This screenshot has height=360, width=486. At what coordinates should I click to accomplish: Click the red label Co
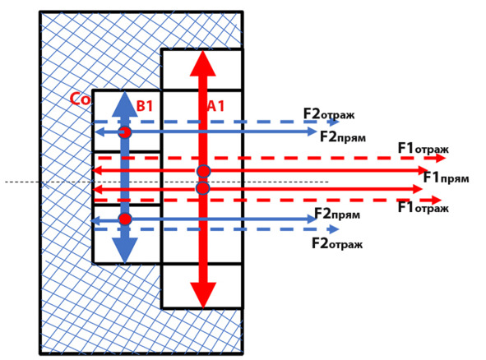click(81, 99)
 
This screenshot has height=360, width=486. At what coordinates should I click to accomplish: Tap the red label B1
click(145, 106)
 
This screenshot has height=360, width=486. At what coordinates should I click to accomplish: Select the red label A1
click(215, 106)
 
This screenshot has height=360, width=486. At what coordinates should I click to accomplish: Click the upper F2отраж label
click(329, 114)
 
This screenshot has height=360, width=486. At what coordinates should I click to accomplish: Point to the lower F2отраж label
click(337, 243)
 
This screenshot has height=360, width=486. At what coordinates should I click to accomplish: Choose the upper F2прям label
click(343, 136)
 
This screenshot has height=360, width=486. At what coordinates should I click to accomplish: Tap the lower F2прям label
click(337, 214)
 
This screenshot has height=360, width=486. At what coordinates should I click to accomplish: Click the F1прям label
click(447, 178)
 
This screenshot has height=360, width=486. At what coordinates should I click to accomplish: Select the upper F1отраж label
click(424, 149)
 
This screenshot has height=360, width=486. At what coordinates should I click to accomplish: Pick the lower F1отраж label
click(424, 207)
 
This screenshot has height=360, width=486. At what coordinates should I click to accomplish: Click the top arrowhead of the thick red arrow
click(203, 63)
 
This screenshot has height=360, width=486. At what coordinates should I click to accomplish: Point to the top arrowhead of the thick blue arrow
click(125, 104)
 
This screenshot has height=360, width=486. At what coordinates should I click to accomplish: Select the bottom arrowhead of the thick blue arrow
click(125, 251)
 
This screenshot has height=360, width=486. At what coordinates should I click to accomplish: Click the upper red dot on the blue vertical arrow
click(125, 132)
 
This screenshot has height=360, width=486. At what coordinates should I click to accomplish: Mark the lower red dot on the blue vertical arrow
click(125, 219)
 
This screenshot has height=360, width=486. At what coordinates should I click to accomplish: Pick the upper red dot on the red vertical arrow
click(204, 171)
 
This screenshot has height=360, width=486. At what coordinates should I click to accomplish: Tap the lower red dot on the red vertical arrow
click(203, 188)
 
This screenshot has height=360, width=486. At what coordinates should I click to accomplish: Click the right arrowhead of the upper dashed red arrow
click(440, 158)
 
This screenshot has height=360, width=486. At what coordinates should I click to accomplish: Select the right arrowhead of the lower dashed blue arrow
click(334, 229)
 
